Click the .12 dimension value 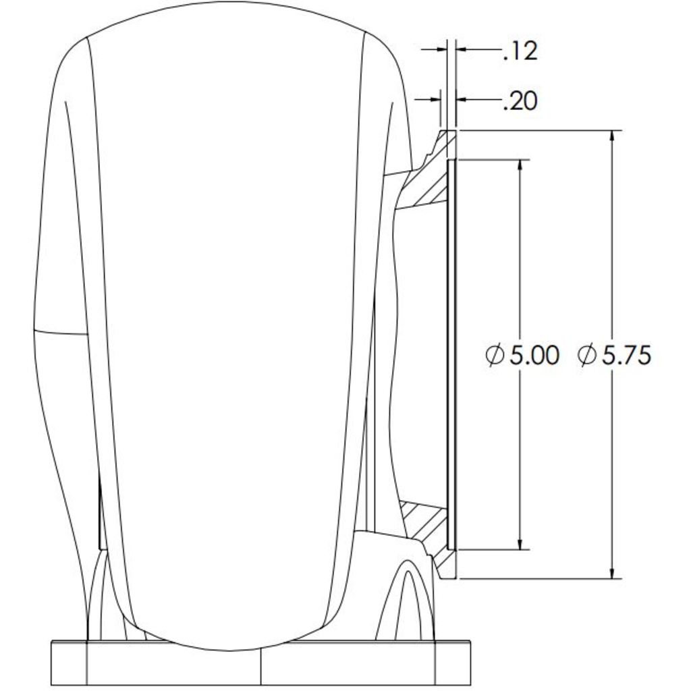coord(520,51)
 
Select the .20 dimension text coord(520,101)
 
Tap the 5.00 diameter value coord(534,355)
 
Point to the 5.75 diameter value coord(626,355)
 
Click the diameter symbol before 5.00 coord(495,355)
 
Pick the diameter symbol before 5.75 coord(586,355)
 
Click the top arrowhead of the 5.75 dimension coord(611,136)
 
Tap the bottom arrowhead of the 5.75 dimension coord(611,572)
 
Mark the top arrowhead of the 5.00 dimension coord(520,165)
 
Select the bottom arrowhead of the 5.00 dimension coord(520,544)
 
